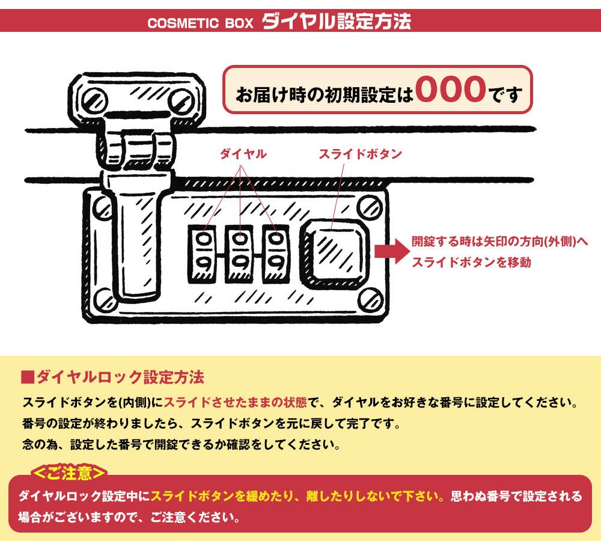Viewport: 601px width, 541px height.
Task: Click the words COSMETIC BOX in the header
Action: pyautogui.click(x=201, y=23)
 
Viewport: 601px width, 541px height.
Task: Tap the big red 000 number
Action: pyautogui.click(x=451, y=89)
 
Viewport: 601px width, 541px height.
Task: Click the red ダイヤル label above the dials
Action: pyautogui.click(x=243, y=154)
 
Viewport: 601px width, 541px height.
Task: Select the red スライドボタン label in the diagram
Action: pyautogui.click(x=360, y=154)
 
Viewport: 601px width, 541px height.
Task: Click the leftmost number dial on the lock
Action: pyautogui.click(x=203, y=254)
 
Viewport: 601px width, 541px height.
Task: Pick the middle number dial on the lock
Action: pyautogui.click(x=240, y=254)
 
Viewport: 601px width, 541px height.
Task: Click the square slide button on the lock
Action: pyautogui.click(x=334, y=254)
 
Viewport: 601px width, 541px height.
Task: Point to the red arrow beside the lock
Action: pyautogui.click(x=392, y=251)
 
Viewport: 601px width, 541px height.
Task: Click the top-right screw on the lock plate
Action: pyautogui.click(x=370, y=208)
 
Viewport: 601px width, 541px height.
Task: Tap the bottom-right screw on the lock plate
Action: pyautogui.click(x=371, y=299)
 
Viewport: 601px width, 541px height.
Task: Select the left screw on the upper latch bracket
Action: pyautogui.click(x=93, y=100)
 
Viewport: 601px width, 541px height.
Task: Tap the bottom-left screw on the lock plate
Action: pyautogui.click(x=105, y=299)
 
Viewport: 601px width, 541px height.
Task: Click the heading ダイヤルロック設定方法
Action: pyautogui.click(x=120, y=377)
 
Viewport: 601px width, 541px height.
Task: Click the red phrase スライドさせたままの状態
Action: pyautogui.click(x=236, y=402)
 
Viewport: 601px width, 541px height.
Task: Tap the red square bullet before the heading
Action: pyautogui.click(x=28, y=377)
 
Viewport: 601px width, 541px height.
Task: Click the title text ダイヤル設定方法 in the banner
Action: pyautogui.click(x=336, y=22)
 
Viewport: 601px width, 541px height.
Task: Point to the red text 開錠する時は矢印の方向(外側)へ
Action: pyautogui.click(x=499, y=242)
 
